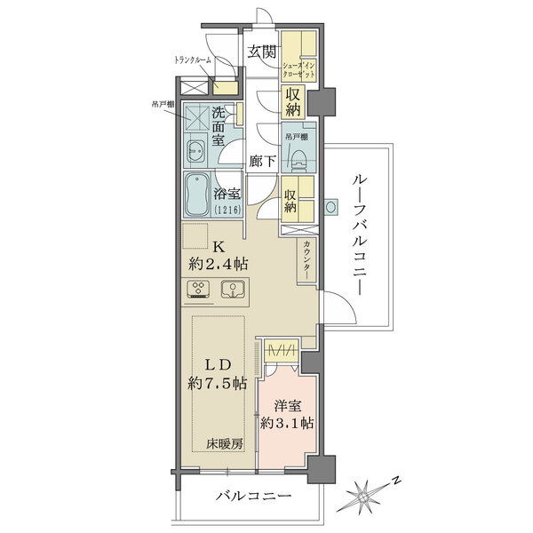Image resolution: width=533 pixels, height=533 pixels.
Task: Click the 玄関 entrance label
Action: click(259, 52)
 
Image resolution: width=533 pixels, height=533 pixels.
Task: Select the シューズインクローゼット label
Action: click(300, 69)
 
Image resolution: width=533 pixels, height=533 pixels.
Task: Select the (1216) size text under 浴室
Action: click(227, 210)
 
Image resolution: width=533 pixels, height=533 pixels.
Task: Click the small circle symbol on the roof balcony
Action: click(330, 208)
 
